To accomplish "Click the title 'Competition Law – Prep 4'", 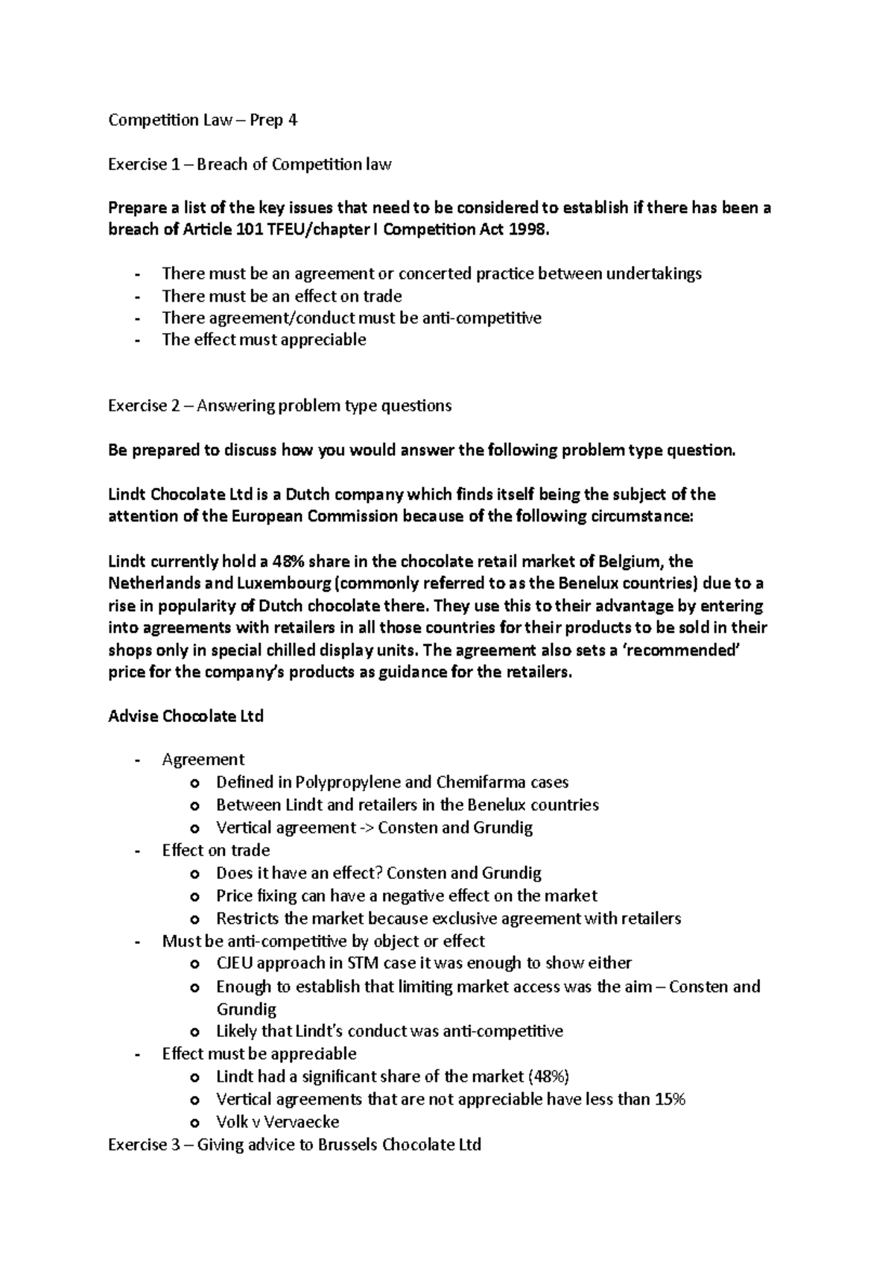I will pos(203,121).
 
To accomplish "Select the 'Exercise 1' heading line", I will pos(250,165).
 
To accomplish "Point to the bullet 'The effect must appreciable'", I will pos(264,340).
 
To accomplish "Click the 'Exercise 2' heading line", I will pos(279,406).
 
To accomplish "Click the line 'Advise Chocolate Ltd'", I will pos(186,717).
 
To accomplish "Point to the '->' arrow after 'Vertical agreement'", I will pos(367,828).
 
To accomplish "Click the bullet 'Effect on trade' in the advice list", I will pos(216,850).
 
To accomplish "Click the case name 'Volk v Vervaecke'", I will pos(277,1122).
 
